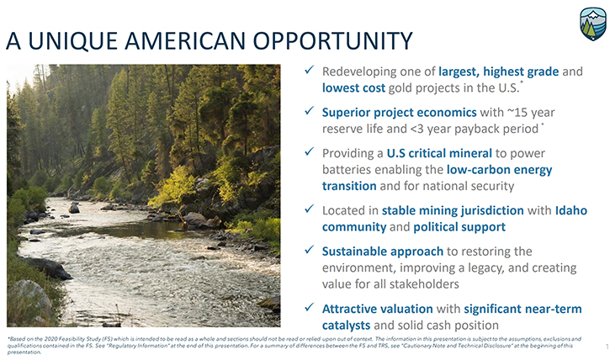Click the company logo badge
(593, 24)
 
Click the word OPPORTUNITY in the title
(333, 41)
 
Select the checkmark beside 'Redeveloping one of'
(310, 70)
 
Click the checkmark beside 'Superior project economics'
(310, 111)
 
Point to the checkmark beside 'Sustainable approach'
(310, 250)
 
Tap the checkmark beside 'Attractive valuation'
(310, 307)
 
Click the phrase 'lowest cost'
(353, 87)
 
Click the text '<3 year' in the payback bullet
(431, 129)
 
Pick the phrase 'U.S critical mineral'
(439, 153)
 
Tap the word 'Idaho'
(571, 210)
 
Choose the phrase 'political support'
(459, 226)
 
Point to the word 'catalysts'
(347, 325)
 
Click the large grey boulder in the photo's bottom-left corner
(29, 301)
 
